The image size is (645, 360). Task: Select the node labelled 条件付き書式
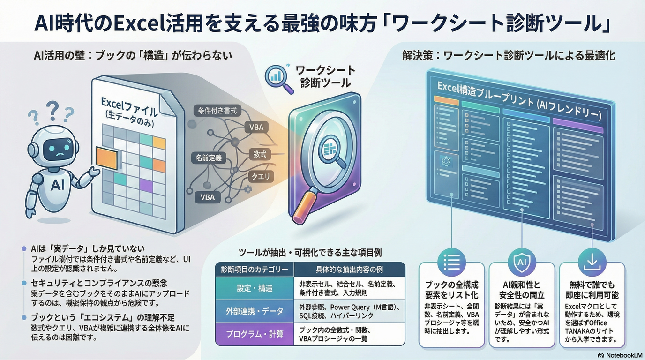217,111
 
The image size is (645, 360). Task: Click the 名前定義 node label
209,158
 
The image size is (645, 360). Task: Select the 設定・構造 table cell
254,288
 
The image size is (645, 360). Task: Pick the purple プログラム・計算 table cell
254,335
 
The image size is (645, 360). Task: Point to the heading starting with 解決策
509,56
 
